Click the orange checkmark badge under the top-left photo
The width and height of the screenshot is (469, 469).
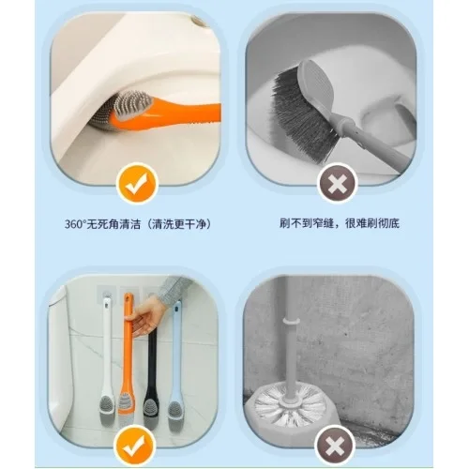click(137, 184)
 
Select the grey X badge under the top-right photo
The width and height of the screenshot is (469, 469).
click(337, 184)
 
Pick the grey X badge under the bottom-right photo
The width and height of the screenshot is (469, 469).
click(336, 445)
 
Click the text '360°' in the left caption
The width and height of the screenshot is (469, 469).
click(75, 224)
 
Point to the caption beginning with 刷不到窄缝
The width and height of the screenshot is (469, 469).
click(340, 223)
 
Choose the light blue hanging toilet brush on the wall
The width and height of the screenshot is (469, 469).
click(176, 359)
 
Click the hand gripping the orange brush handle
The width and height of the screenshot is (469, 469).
click(147, 316)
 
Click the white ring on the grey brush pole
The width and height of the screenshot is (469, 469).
click(291, 321)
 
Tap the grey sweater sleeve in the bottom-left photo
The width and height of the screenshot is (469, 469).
click(175, 289)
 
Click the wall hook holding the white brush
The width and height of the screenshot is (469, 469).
click(107, 294)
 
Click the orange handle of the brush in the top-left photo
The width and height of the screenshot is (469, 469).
click(175, 115)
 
